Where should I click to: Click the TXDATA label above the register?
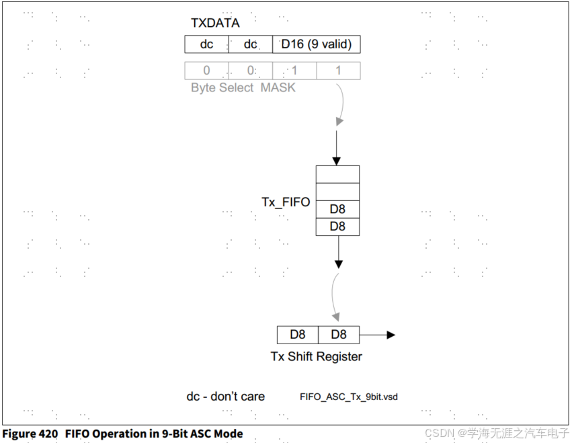tap(215, 23)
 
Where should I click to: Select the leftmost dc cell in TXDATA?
tap(206, 44)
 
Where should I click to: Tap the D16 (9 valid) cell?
tap(316, 44)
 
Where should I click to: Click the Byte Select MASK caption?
tap(243, 88)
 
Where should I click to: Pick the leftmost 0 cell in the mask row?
tap(206, 71)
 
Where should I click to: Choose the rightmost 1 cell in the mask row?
tap(338, 71)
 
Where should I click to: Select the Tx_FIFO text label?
tap(286, 202)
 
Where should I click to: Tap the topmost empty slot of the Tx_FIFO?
tap(337, 174)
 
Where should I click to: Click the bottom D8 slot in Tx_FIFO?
tap(337, 227)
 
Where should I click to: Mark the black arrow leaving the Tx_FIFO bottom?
tap(338, 252)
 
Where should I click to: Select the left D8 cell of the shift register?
tap(298, 335)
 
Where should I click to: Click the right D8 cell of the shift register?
tap(338, 335)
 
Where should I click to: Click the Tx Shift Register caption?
tap(316, 357)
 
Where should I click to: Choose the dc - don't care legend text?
tap(225, 397)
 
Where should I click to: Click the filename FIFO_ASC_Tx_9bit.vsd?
tap(348, 397)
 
